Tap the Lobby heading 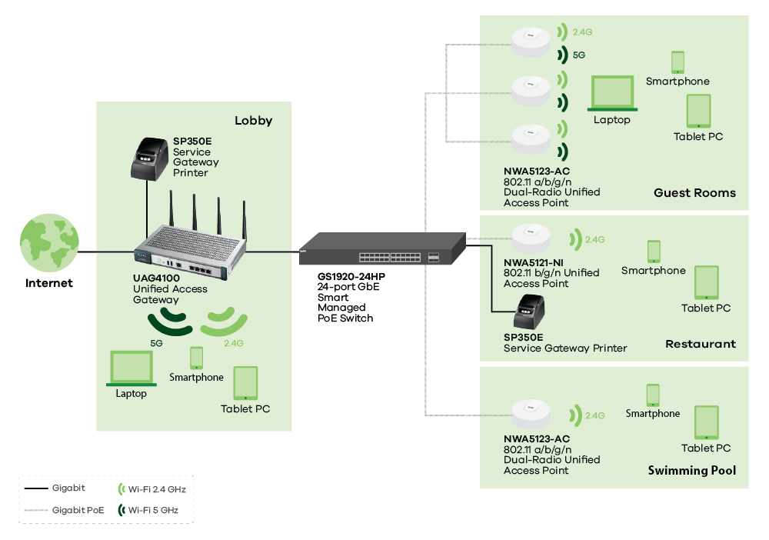coord(253,121)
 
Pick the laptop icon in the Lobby coord(131,369)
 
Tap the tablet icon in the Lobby coord(245,383)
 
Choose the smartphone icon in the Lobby coord(196,358)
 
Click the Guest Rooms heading coord(694,193)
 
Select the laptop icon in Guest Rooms coord(612,95)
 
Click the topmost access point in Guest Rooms coord(531,43)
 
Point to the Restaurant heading coord(700,344)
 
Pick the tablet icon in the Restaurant coord(706,283)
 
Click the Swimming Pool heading coord(691,471)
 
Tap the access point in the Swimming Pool coord(531,415)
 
